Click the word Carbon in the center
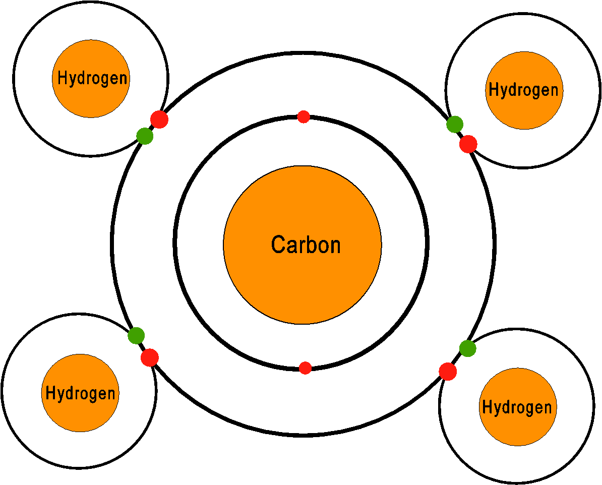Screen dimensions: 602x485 point(306,245)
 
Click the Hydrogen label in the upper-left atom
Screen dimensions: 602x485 point(92,78)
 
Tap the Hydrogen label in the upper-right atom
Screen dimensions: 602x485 point(524,90)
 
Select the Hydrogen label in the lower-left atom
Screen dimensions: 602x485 point(80,394)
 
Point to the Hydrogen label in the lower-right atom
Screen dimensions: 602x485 point(517,407)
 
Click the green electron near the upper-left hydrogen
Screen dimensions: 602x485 point(145,136)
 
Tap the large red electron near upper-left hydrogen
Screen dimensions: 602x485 point(159,119)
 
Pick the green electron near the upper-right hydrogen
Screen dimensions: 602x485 point(455,124)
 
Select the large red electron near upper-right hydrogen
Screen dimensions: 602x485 point(468,144)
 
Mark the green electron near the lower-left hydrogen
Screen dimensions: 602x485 point(136,336)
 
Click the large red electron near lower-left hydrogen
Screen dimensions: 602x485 point(150,358)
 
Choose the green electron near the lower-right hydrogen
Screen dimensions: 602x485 point(468,348)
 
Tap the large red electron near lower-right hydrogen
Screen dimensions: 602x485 point(448,372)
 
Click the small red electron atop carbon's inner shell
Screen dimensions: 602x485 point(304,117)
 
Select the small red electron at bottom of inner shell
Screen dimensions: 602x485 point(305,368)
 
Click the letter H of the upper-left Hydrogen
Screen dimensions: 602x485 point(62,78)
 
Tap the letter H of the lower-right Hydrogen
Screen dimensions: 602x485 point(487,407)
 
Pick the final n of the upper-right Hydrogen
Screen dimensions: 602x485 point(555,91)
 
